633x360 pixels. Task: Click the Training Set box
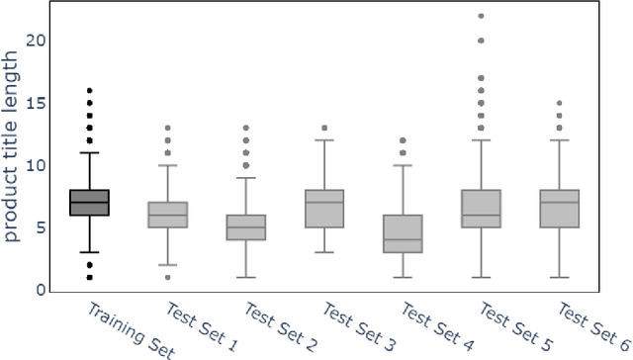coord(89,202)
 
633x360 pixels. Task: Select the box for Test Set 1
coord(167,215)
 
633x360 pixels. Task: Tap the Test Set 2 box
coord(245,227)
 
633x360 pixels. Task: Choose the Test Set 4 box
coord(402,233)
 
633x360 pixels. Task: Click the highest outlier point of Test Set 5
coord(480,16)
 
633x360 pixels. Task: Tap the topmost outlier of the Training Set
coord(89,91)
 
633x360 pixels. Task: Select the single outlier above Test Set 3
coord(323,128)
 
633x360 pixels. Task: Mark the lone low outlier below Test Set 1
coord(167,277)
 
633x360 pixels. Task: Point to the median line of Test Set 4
coord(402,239)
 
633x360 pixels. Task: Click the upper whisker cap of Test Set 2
coord(245,177)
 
